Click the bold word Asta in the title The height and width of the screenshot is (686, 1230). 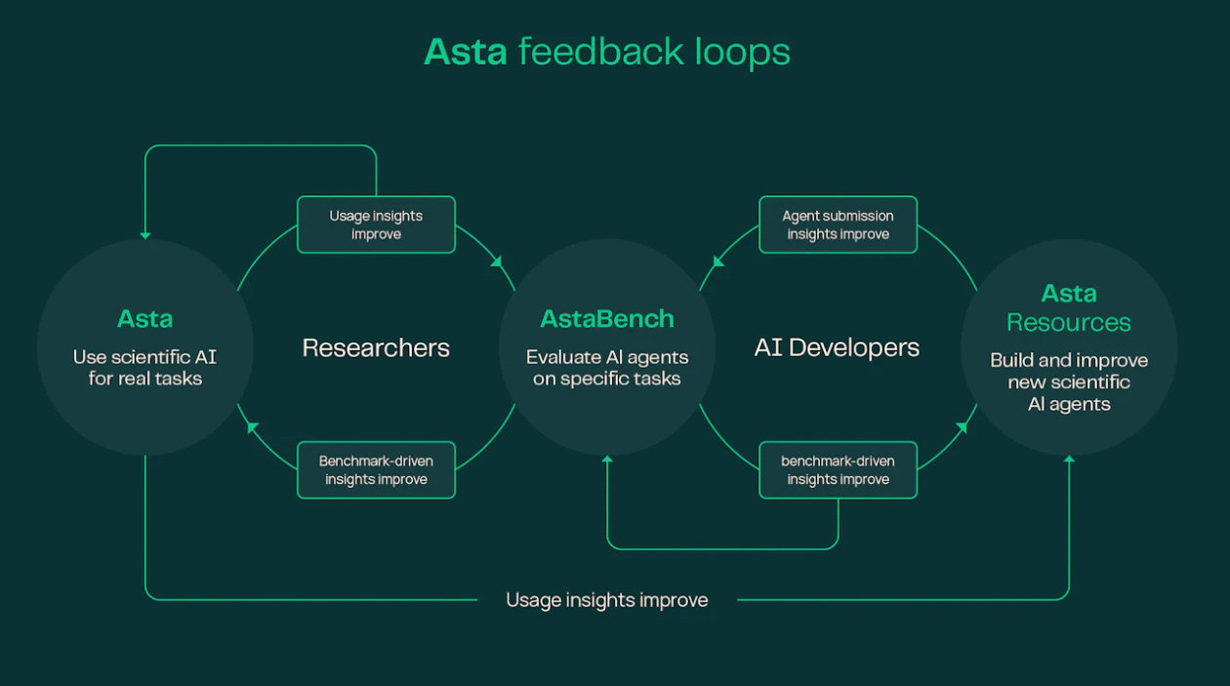[x=466, y=53]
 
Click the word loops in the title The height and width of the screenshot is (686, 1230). [x=742, y=52]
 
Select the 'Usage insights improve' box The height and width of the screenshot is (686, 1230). [x=376, y=224]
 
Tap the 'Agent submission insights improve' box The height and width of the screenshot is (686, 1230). [x=838, y=224]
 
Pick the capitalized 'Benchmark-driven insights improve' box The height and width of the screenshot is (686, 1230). [x=376, y=469]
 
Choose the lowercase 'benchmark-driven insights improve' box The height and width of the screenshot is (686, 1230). [x=838, y=469]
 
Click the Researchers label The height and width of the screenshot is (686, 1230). [x=376, y=348]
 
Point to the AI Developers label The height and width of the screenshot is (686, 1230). [x=837, y=348]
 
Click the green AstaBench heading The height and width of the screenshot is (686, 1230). [x=607, y=319]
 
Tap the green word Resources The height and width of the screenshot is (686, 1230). [x=1069, y=322]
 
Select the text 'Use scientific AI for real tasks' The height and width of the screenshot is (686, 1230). [x=144, y=368]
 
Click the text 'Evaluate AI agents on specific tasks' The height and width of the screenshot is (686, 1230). [x=607, y=368]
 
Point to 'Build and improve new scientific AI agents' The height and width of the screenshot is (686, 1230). [x=1069, y=382]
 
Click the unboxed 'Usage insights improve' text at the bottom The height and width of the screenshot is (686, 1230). [x=607, y=600]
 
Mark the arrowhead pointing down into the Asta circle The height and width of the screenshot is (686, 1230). [x=144, y=236]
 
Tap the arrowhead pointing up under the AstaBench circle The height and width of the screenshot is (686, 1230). [x=607, y=459]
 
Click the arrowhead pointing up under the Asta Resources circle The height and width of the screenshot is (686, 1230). [x=1069, y=459]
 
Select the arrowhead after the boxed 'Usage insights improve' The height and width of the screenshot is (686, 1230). [x=497, y=262]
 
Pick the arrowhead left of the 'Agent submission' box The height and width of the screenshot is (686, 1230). [x=718, y=262]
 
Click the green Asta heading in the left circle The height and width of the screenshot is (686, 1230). [x=144, y=319]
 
